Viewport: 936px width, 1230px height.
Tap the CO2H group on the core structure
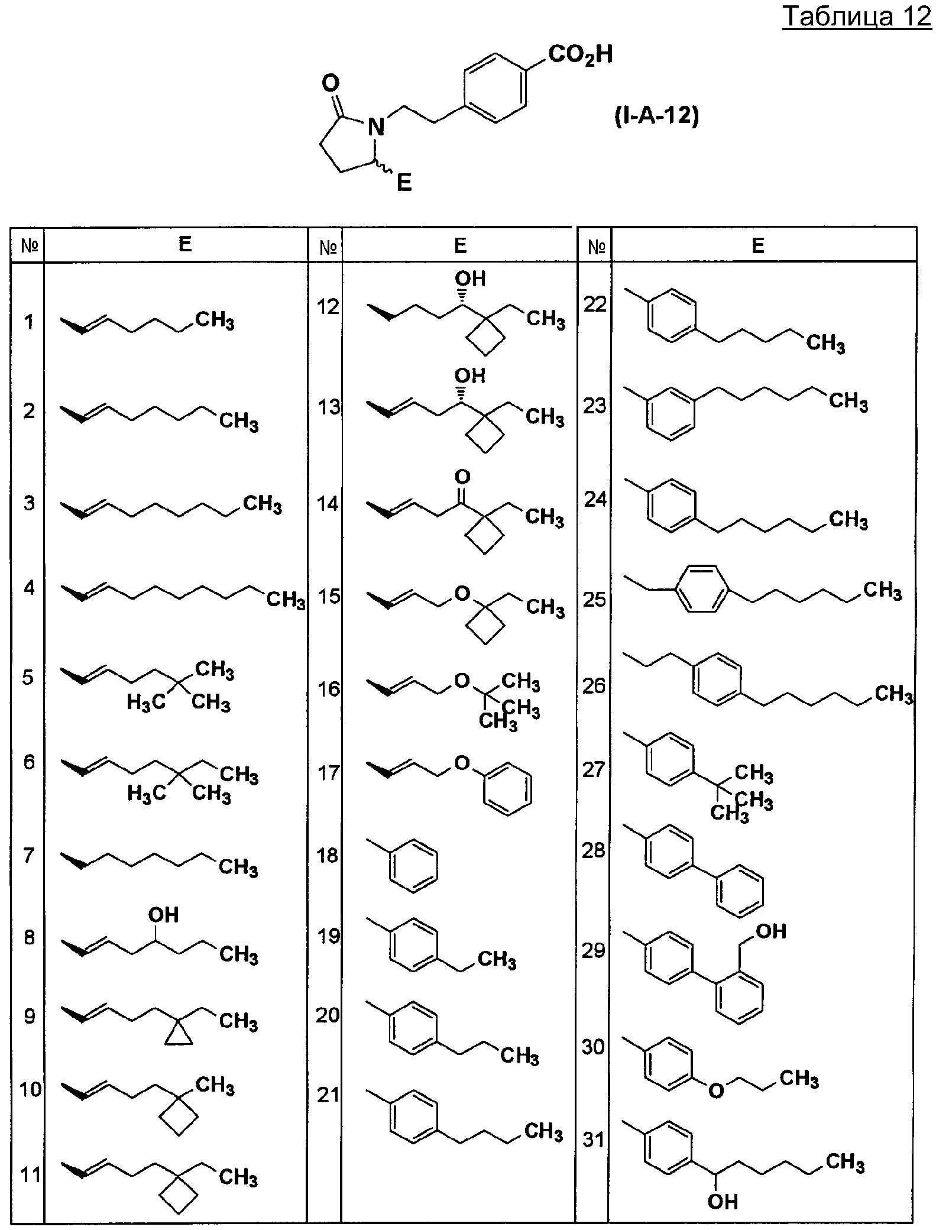580,55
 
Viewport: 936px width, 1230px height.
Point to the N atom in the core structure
376,126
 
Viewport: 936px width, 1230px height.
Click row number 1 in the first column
29,323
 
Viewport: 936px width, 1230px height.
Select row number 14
328,504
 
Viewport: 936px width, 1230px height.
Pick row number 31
594,1140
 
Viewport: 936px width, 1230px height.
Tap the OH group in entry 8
163,915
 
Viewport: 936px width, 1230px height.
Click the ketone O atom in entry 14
462,477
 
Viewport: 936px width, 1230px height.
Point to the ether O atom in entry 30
716,1090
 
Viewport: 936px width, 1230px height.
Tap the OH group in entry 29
772,931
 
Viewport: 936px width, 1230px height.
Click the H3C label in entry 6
147,794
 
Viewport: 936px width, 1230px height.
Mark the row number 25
594,599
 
